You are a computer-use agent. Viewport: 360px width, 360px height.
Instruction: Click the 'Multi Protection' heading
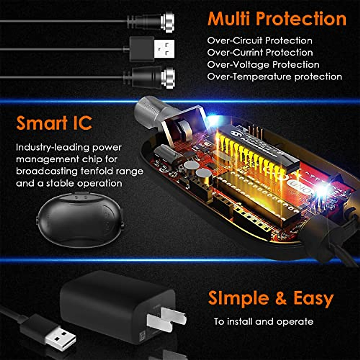click(277, 19)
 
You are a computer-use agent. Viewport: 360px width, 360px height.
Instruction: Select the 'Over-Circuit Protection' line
click(259, 40)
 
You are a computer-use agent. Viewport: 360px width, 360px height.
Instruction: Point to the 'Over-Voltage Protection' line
click(263, 64)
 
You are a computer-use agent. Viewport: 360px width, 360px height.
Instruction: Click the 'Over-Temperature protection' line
click(274, 76)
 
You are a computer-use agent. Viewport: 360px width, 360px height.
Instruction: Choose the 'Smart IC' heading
click(54, 123)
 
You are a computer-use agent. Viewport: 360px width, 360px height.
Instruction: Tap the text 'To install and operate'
click(264, 322)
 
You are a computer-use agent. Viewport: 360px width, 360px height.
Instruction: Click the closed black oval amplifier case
click(80, 220)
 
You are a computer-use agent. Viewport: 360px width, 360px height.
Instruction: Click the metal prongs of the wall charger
click(168, 319)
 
